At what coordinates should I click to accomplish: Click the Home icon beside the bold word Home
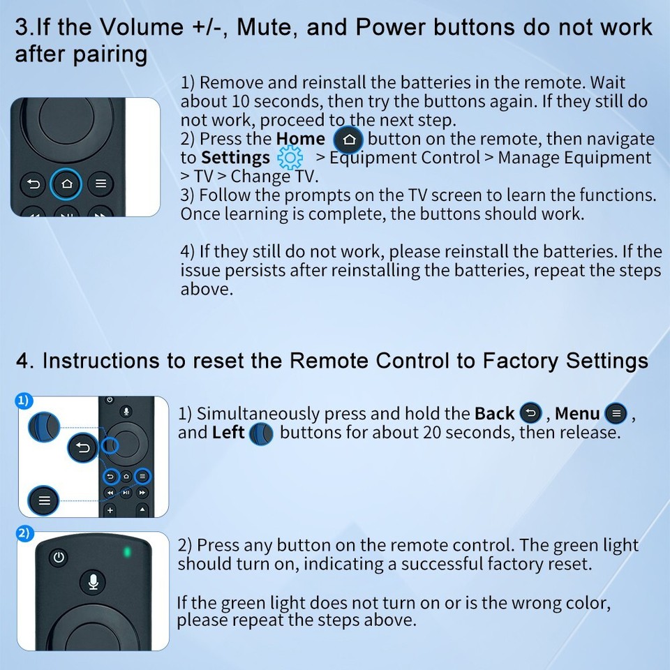348,140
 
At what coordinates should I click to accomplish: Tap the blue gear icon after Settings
290,158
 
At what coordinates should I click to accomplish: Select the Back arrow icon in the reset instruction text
531,414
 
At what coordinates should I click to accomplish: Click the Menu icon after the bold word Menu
615,414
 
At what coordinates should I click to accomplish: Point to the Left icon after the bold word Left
261,433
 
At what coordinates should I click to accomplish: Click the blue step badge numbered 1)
24,401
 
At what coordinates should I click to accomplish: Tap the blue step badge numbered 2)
24,533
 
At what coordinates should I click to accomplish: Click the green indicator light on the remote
127,552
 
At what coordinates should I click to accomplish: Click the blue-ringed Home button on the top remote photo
67,184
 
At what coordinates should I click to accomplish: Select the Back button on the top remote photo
33,184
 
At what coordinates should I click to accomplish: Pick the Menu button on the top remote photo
101,184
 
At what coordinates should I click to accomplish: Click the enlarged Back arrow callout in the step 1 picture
83,448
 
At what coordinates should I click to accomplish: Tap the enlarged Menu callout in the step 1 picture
44,500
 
